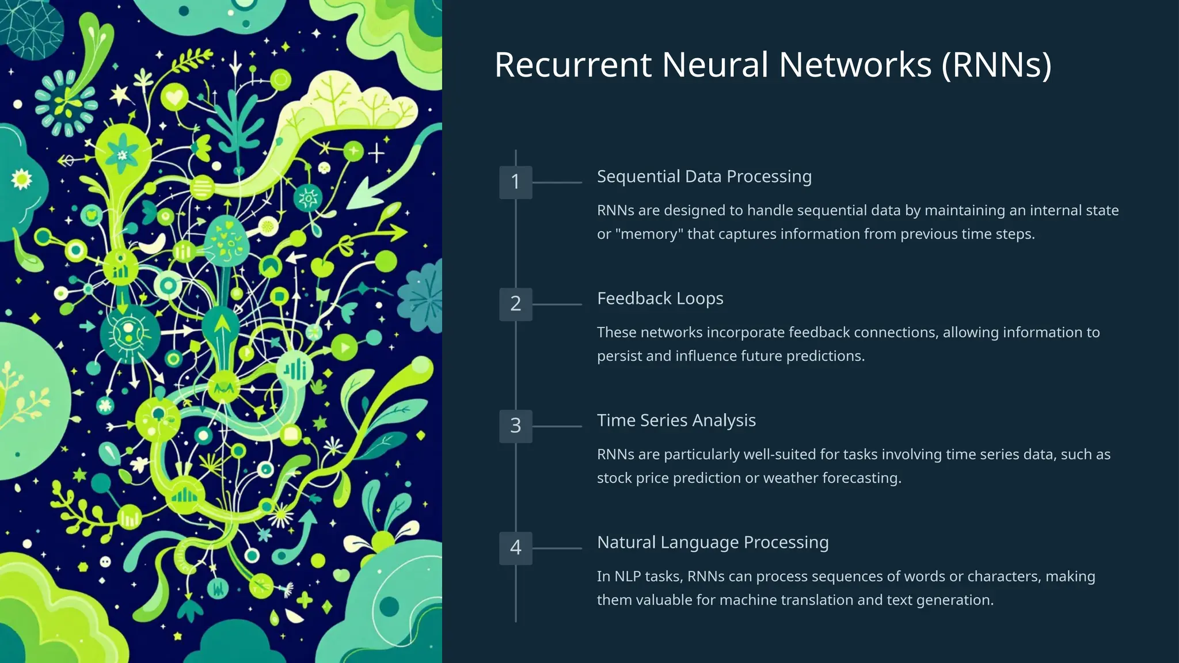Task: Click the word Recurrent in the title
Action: point(573,64)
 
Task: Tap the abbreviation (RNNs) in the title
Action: point(997,64)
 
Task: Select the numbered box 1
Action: point(515,182)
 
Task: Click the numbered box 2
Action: point(515,304)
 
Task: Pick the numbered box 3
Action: point(515,426)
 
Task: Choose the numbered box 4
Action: point(515,548)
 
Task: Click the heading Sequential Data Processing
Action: point(704,177)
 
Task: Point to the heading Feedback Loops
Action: point(660,299)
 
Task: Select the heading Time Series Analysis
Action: point(676,421)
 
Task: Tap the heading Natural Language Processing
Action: point(713,543)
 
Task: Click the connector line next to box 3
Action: point(557,426)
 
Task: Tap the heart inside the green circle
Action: point(174,96)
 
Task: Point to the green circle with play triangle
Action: point(344,348)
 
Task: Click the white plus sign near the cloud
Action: point(376,154)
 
